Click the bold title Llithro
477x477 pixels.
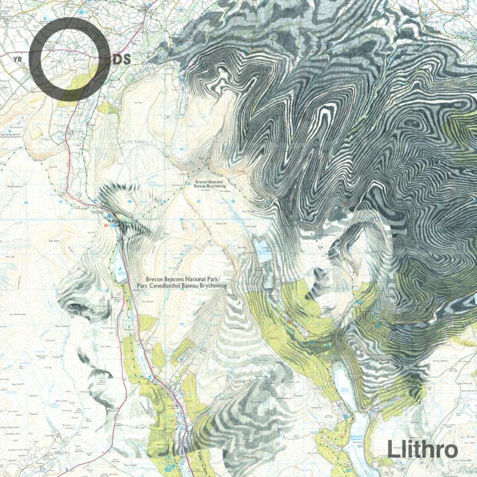(x=422, y=449)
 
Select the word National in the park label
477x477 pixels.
(x=197, y=278)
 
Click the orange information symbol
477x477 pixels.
(x=106, y=226)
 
